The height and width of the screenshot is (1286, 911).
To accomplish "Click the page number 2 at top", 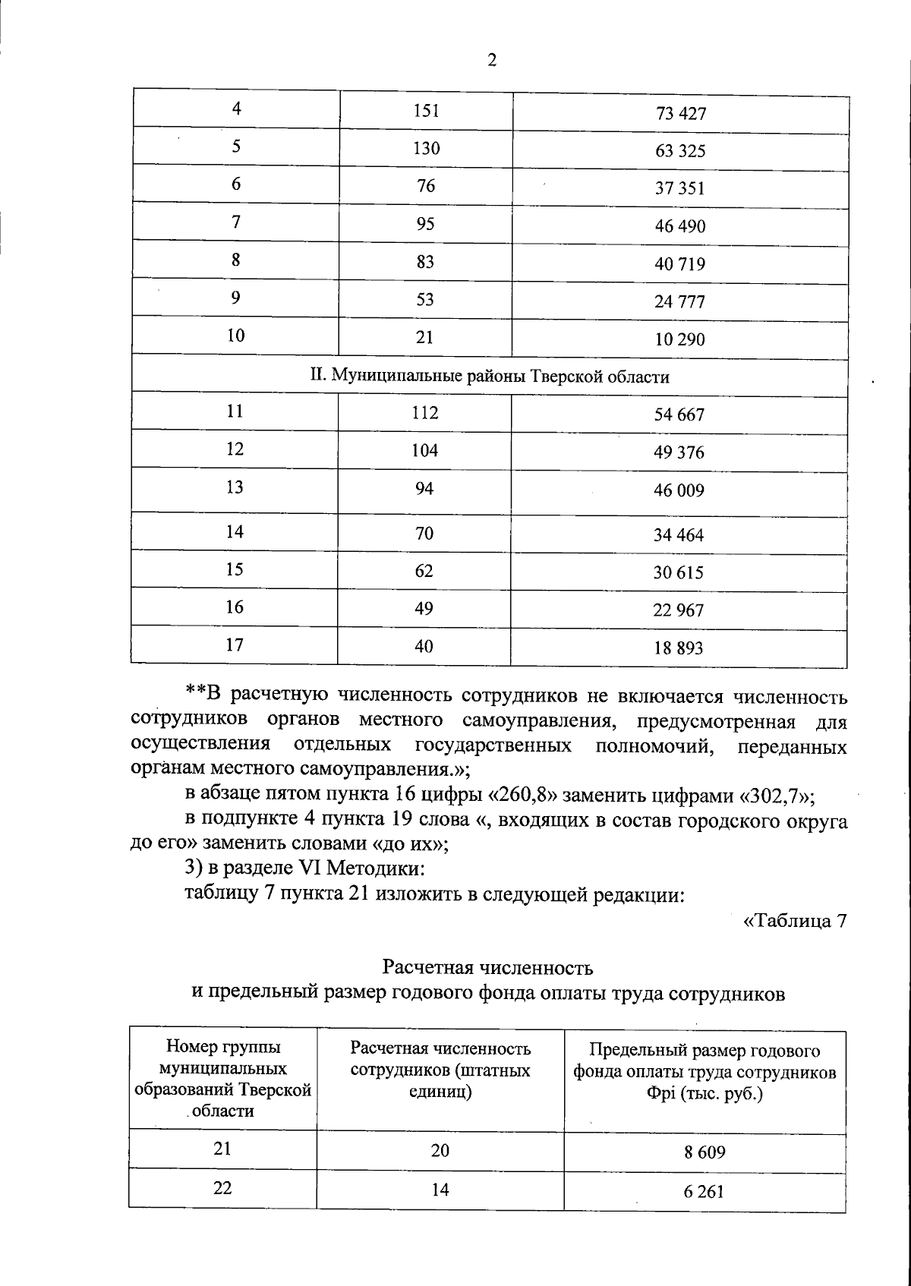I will pyautogui.click(x=491, y=61).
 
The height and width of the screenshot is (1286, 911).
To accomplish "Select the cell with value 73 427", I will pyautogui.click(x=680, y=114).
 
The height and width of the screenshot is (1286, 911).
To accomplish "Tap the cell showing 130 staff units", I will pyautogui.click(x=426, y=149).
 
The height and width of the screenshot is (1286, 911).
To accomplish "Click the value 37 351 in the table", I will pyautogui.click(x=680, y=188).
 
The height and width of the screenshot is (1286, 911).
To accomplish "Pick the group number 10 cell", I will pyautogui.click(x=236, y=336).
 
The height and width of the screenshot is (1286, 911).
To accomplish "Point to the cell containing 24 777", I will pyautogui.click(x=680, y=302).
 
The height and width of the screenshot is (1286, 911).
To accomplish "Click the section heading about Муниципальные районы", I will pyautogui.click(x=490, y=377).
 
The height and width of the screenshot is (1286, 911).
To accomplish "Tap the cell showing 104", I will pyautogui.click(x=425, y=450).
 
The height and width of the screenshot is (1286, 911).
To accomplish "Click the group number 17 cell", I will pyautogui.click(x=235, y=645).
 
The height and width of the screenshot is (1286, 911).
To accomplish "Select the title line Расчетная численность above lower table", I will pyautogui.click(x=487, y=968).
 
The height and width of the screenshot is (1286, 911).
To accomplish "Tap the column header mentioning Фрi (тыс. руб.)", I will pyautogui.click(x=705, y=1073).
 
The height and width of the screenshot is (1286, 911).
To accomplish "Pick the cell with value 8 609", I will pyautogui.click(x=705, y=1152).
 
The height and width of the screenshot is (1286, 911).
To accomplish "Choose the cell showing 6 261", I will pyautogui.click(x=705, y=1192).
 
